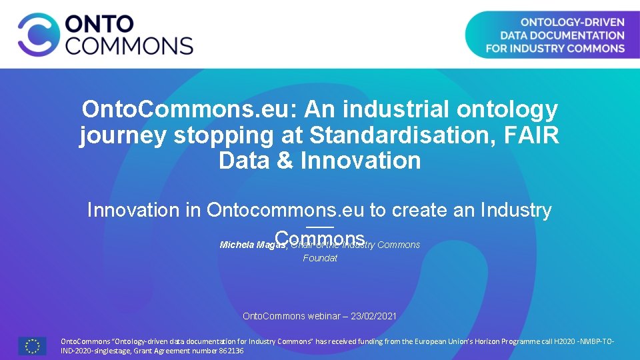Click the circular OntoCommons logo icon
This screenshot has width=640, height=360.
39,35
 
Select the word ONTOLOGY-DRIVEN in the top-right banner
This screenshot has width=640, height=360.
573,22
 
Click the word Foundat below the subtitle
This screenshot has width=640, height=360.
320,258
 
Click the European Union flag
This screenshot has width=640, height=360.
32,345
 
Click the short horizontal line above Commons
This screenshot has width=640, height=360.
320,228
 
